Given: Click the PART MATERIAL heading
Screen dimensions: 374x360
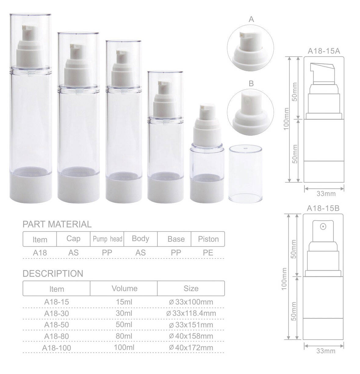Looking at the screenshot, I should click(57, 224).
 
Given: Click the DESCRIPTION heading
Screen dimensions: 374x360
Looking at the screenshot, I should click(53, 273).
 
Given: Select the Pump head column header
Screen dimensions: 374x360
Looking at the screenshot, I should click(107, 239).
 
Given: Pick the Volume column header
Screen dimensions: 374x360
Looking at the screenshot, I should click(124, 288).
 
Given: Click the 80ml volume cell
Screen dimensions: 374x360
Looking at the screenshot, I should click(124, 336).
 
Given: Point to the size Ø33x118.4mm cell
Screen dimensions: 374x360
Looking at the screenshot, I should click(191, 313).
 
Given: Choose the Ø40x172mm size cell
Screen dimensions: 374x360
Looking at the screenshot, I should click(191, 347).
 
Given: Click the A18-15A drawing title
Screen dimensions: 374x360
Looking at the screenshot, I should click(324, 51).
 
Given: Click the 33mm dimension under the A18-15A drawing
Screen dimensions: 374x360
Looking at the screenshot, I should click(326, 194).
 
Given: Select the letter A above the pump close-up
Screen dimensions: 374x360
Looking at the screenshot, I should click(251, 20).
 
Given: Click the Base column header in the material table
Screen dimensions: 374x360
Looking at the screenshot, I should click(176, 239).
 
